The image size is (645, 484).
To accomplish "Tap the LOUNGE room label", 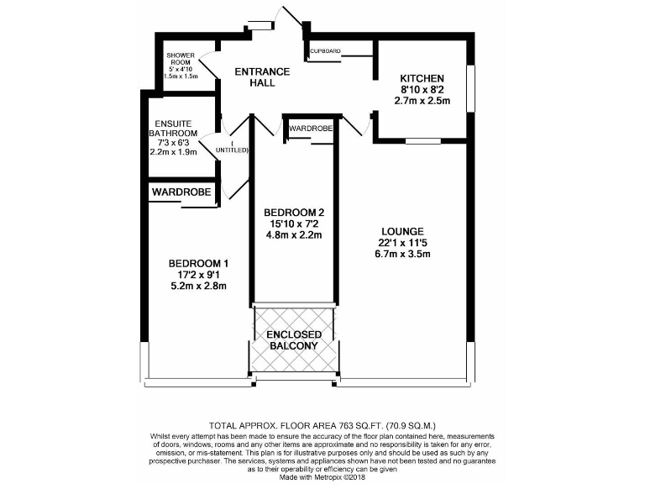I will pyautogui.click(x=401, y=231).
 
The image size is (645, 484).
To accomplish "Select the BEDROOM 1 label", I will pyautogui.click(x=198, y=263).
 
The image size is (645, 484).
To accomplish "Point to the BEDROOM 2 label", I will pyautogui.click(x=293, y=212).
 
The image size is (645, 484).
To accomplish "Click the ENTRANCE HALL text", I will pyautogui.click(x=262, y=76).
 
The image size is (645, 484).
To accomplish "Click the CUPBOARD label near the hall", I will pyautogui.click(x=325, y=51).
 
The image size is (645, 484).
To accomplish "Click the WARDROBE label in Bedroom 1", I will pyautogui.click(x=181, y=192).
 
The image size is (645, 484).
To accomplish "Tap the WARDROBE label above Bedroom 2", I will pyautogui.click(x=310, y=129).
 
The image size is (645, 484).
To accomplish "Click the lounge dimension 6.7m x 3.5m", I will pyautogui.click(x=403, y=254).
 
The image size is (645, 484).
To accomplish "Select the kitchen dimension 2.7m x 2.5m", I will pyautogui.click(x=422, y=101).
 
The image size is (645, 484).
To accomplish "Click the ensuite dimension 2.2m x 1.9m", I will pyautogui.click(x=173, y=152).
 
